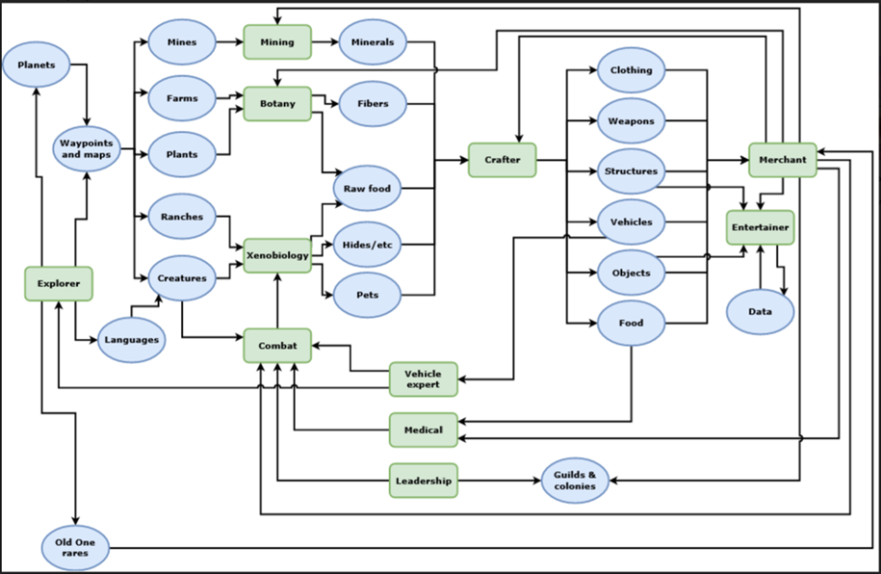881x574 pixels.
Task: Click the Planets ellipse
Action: (x=37, y=66)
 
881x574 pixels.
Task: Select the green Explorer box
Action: (x=59, y=284)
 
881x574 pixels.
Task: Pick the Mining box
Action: (x=277, y=42)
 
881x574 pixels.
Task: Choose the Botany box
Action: (x=277, y=103)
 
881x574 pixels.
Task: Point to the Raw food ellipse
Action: (x=367, y=189)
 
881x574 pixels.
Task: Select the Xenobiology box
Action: (x=277, y=256)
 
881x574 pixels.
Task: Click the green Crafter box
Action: (x=502, y=160)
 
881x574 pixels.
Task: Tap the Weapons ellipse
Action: (x=632, y=121)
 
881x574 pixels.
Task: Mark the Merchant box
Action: (x=782, y=160)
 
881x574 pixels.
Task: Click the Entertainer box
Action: (x=761, y=227)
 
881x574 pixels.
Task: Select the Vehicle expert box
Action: (x=423, y=378)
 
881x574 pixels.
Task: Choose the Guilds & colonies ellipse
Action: (x=575, y=480)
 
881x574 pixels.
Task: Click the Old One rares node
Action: (x=75, y=547)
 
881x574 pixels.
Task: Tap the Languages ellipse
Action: (x=132, y=340)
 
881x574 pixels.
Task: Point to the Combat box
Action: (x=277, y=344)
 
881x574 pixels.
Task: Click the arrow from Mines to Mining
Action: (x=229, y=42)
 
